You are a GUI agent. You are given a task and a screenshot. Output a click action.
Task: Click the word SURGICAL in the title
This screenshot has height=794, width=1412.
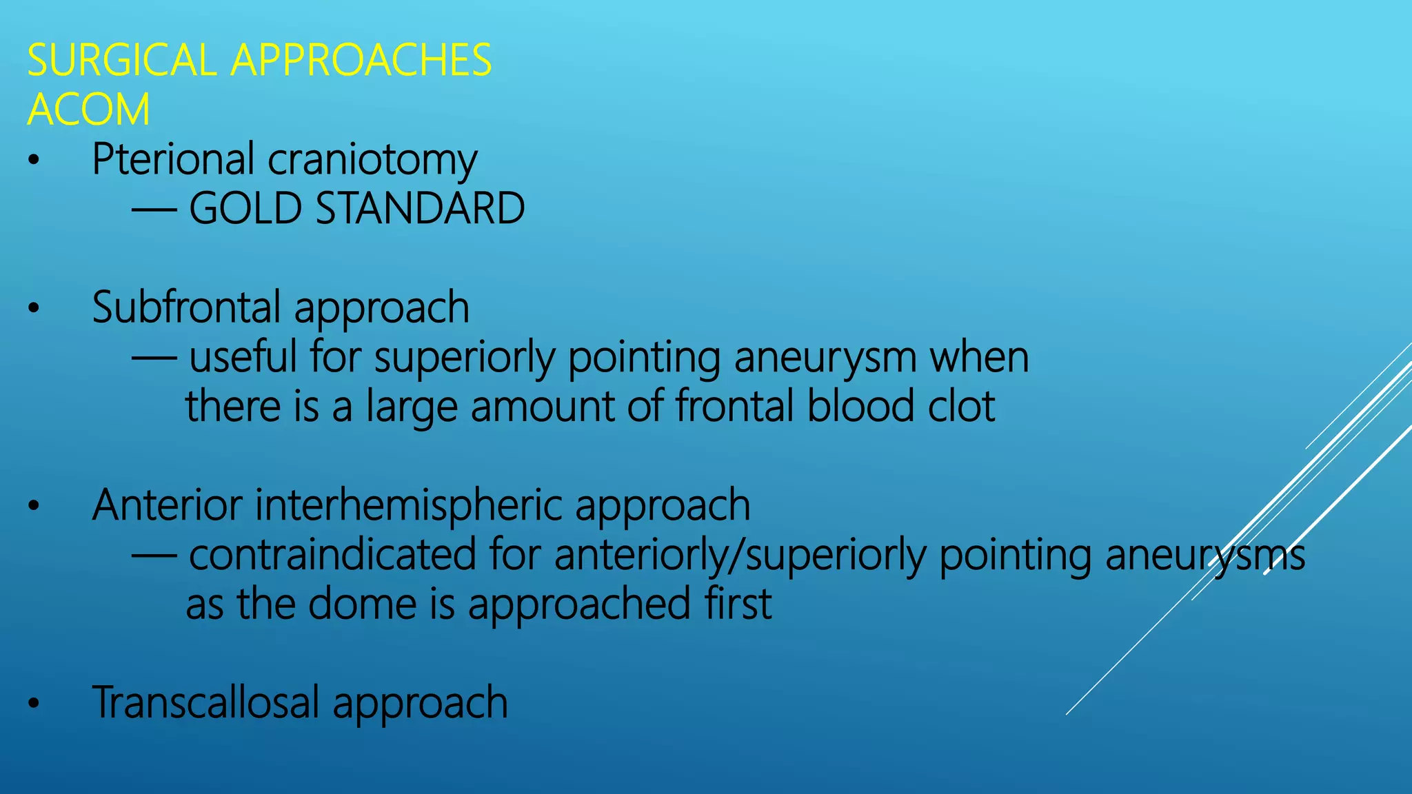[122, 60]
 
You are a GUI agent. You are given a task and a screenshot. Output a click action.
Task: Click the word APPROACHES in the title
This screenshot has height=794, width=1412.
[361, 60]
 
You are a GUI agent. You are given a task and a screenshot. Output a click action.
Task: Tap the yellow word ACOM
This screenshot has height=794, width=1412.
[88, 110]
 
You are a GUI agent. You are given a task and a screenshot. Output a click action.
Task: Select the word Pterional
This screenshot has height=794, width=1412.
[173, 160]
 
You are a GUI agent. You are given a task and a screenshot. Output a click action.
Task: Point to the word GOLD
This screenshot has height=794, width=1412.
[245, 208]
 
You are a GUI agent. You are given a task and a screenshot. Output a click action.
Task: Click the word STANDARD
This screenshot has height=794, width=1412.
[420, 208]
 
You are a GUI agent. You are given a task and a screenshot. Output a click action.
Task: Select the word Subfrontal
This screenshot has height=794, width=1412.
[185, 307]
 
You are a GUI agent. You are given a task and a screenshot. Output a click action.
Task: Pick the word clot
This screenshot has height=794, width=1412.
[961, 406]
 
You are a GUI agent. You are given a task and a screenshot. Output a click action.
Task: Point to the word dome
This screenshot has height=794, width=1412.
[363, 604]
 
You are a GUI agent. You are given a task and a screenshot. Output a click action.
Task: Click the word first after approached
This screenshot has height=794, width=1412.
[738, 604]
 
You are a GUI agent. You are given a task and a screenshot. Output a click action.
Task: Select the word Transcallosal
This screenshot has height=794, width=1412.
[206, 702]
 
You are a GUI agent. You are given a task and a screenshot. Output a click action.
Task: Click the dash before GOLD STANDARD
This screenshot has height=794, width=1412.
[154, 210]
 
